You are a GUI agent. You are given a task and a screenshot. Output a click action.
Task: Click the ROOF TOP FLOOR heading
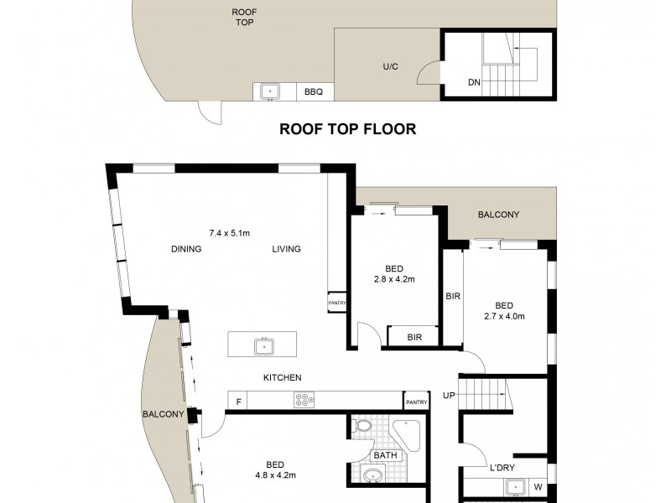(x=348, y=130)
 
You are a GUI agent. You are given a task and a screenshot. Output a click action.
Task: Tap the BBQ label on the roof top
(x=314, y=92)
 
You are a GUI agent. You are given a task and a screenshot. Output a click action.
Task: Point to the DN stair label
(x=474, y=82)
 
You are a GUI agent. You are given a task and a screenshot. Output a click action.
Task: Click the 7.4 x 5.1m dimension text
(x=229, y=233)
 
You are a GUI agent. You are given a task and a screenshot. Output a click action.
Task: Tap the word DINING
(x=185, y=249)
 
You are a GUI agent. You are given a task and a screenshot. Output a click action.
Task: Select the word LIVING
(x=286, y=249)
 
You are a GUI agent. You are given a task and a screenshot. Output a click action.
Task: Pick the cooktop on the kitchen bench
(x=304, y=401)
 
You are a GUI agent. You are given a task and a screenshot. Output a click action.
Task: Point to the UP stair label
(x=450, y=395)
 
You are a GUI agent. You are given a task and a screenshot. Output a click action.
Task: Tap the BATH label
(x=385, y=456)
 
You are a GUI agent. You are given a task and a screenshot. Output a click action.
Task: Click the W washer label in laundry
(x=538, y=487)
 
